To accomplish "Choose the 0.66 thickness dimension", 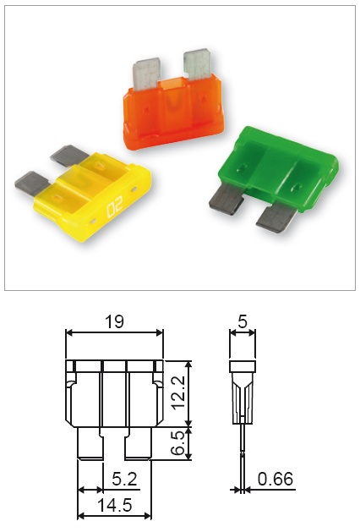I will [275, 480].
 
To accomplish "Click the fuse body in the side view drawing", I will [243, 389].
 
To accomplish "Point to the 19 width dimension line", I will [114, 332].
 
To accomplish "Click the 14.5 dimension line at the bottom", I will [114, 515].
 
